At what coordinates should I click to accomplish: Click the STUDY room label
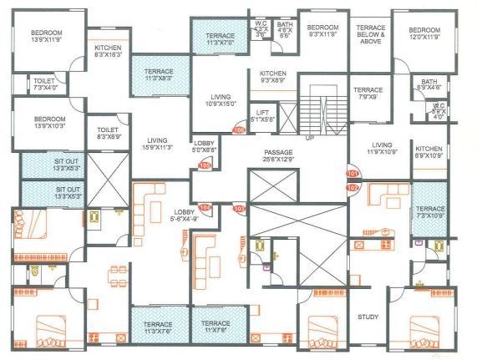coord(368,317)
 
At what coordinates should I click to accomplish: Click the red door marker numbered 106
coord(238,130)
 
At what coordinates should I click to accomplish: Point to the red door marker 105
coord(203,165)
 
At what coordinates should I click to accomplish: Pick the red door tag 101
coord(352,174)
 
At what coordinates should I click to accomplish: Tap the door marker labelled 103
coord(238,208)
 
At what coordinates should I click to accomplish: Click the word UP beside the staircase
coord(310,137)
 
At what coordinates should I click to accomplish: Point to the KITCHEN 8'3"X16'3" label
coord(109,52)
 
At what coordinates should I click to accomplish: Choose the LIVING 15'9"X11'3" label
coord(156,143)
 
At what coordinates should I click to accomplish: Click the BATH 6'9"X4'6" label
coord(429,84)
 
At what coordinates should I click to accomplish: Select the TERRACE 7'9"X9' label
coord(368,94)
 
